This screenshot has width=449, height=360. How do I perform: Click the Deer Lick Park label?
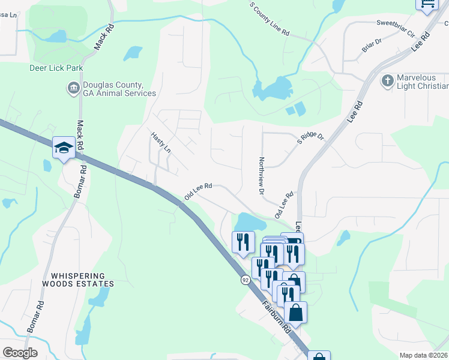pos(56,68)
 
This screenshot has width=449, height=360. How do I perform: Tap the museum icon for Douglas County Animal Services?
pos(73,89)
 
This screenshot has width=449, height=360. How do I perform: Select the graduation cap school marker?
pos(63,148)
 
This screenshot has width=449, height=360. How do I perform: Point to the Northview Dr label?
pos(261,176)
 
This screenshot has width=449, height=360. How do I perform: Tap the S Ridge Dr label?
pos(311,138)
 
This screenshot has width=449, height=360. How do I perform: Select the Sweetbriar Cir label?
pos(396,24)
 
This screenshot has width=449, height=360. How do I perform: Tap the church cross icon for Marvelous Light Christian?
pos(388,80)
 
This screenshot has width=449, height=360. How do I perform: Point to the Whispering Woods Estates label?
pos(78,279)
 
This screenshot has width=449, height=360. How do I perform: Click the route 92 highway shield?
pos(246,280)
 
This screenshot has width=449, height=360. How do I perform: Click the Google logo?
pos(20,353)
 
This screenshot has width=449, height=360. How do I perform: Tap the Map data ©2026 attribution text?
pos(424,355)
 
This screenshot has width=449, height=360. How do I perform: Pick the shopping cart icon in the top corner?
pos(427,4)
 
